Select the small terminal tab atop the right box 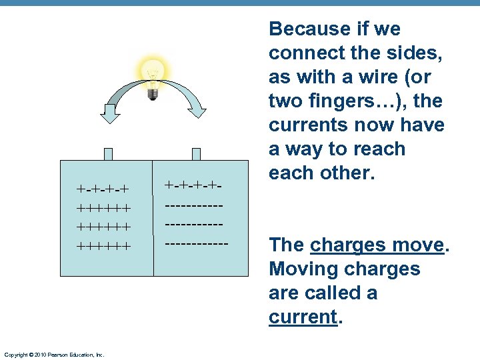pyautogui.click(x=196, y=154)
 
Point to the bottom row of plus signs pyautogui.click(x=103, y=246)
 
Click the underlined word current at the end pyautogui.click(x=302, y=317)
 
